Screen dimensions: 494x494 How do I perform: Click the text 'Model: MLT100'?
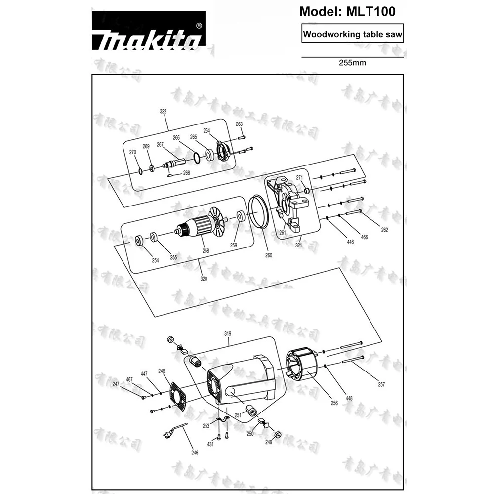coord(347,11)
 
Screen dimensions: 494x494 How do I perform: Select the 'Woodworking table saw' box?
coord(353,35)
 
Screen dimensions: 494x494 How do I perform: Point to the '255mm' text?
coord(352,63)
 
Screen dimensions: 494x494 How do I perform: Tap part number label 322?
coord(163,112)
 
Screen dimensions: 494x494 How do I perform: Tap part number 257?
coord(381,384)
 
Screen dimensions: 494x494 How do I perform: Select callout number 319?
coord(228,334)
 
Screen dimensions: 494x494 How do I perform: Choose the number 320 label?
coord(204,279)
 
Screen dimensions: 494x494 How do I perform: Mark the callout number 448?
coord(349,397)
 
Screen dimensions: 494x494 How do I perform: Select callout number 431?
coord(210,445)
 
